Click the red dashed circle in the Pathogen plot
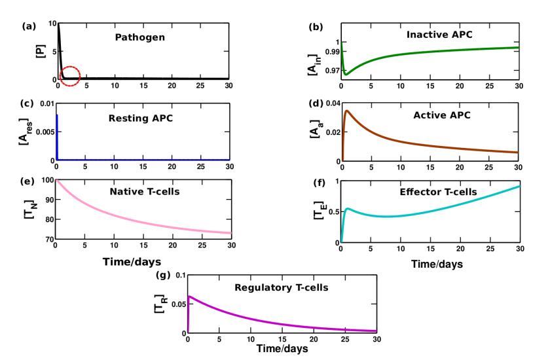(69, 76)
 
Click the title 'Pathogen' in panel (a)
(121, 38)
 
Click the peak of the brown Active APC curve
(345, 111)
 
